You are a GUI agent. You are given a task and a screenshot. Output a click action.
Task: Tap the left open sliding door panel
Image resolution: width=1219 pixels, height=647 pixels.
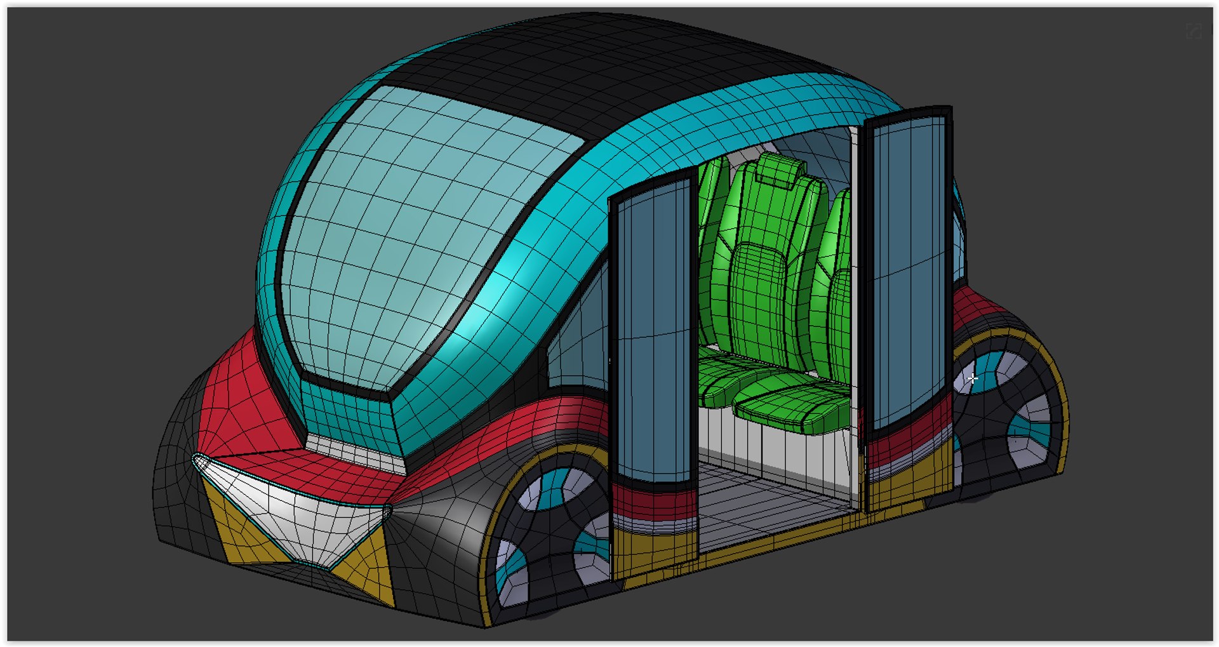click(654, 330)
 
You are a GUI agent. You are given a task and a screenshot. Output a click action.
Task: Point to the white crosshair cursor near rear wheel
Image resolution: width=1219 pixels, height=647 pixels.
click(973, 379)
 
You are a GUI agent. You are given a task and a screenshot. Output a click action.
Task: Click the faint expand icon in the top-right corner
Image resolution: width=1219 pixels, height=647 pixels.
click(1194, 31)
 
